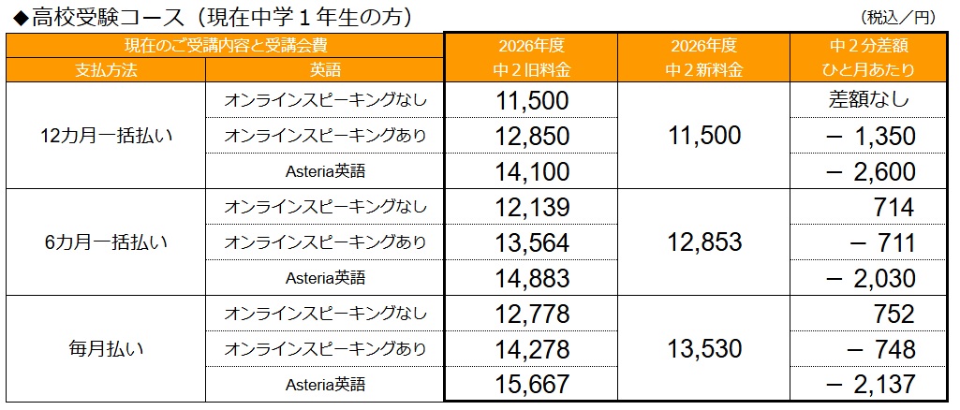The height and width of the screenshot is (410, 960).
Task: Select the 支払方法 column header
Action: [x=105, y=69]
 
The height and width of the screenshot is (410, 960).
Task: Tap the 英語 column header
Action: [x=324, y=69]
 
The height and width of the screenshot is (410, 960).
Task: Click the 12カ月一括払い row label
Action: [x=106, y=136]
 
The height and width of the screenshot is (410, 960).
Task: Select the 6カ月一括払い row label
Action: [x=106, y=242]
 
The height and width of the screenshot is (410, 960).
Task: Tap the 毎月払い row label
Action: [x=106, y=349]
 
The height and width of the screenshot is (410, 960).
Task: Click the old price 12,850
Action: [x=532, y=137]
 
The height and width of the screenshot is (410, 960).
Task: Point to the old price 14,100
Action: [x=532, y=172]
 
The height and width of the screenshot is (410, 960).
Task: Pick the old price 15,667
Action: [x=532, y=385]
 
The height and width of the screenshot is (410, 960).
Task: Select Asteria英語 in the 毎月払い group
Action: [x=324, y=385]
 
